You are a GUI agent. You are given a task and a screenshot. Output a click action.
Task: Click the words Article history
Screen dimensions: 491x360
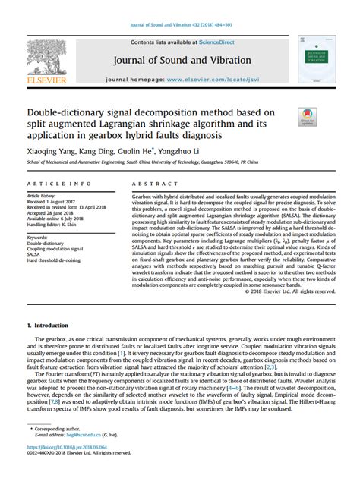[46, 196]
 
